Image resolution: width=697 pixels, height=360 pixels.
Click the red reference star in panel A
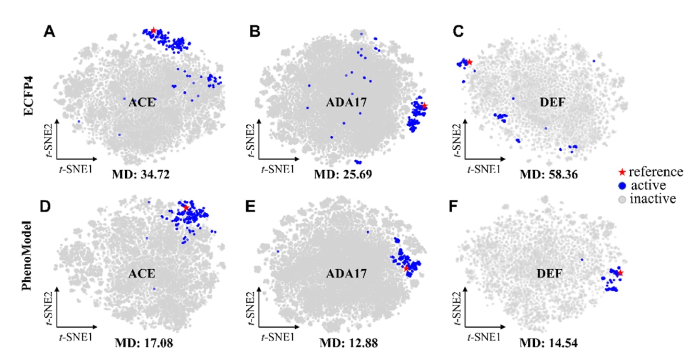point(153,31)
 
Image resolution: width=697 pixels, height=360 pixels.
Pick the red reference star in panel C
point(470,62)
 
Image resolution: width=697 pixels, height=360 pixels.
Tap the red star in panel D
point(186,208)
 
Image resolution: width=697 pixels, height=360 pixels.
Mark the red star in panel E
point(406,268)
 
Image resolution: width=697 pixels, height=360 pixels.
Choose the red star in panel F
point(620,273)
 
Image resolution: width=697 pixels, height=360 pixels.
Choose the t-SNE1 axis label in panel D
point(76,337)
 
